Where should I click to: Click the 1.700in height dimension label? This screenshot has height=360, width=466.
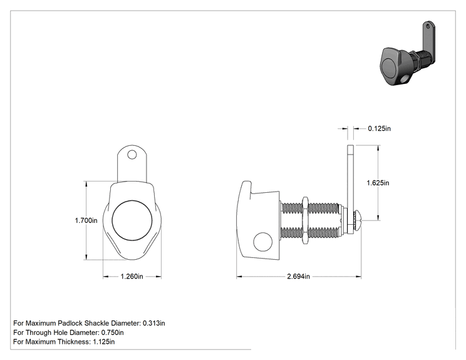86,220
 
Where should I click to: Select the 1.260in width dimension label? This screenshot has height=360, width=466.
132,277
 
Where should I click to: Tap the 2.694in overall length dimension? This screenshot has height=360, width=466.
298,277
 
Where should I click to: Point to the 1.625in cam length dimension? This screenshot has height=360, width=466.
378,183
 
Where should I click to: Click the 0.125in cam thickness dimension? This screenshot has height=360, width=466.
379,128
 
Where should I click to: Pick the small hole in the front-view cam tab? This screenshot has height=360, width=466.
132,155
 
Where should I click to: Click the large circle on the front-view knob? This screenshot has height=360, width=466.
132,220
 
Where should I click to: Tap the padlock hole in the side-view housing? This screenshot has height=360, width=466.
262,241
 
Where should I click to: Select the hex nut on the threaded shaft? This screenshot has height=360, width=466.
305,220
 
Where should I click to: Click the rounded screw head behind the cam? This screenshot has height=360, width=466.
357,220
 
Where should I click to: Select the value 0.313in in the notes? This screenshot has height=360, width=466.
154,323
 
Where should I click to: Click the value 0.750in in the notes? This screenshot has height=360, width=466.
112,332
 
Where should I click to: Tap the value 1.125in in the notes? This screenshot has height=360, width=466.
104,342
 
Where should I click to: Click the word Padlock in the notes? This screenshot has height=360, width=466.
70,323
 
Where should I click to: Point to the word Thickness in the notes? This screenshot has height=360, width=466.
75,342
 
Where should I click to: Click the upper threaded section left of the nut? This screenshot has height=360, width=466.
291,208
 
